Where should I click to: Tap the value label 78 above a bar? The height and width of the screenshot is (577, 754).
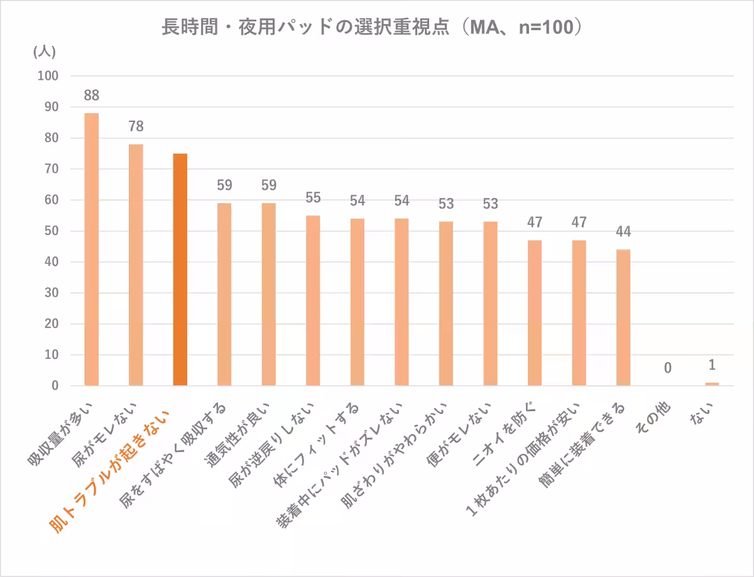coord(136,126)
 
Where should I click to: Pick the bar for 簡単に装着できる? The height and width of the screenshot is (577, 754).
coord(623,317)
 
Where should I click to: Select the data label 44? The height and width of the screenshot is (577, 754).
coord(623,231)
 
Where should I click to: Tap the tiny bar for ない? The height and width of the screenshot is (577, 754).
coord(712,383)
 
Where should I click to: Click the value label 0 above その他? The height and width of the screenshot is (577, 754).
coord(668,367)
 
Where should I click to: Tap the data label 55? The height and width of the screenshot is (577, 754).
coord(313,197)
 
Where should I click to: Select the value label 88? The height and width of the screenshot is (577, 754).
coord(92,96)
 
